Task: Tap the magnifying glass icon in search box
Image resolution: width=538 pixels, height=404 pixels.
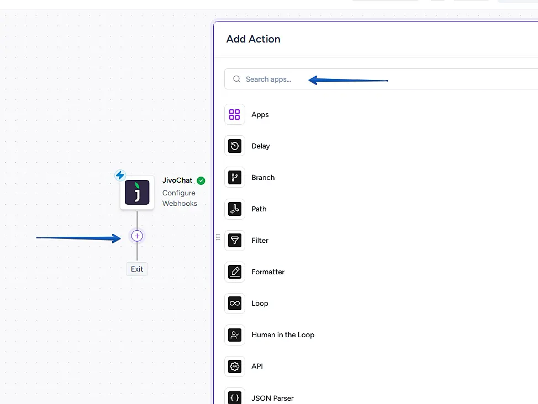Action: (x=236, y=79)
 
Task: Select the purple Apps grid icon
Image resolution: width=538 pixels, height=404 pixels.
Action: (x=235, y=115)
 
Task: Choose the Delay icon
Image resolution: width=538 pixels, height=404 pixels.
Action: (x=235, y=146)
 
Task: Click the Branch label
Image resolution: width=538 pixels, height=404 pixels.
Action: (x=263, y=178)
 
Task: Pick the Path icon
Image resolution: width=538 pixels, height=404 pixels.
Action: (x=235, y=209)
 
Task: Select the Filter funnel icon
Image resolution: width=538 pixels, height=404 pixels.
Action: (x=235, y=241)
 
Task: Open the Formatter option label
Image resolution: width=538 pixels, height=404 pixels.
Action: (x=268, y=272)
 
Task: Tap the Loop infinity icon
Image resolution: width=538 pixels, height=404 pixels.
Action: (x=235, y=304)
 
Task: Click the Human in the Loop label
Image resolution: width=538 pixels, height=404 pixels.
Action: (x=283, y=335)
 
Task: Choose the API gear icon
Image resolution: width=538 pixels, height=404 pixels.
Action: (x=235, y=366)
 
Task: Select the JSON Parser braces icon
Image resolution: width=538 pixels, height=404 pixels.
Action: (x=235, y=397)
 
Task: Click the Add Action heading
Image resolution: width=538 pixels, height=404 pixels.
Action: (x=254, y=39)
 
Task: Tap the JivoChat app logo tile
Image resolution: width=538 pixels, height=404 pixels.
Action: (x=137, y=193)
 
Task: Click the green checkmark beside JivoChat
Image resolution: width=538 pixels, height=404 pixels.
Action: (x=201, y=180)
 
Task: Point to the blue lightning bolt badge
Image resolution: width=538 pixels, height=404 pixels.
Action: (x=120, y=176)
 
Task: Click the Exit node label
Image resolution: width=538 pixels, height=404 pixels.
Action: (x=137, y=269)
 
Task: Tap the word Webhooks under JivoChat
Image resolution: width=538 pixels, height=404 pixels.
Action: (x=180, y=204)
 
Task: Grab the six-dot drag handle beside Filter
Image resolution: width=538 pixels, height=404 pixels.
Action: (x=218, y=237)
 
